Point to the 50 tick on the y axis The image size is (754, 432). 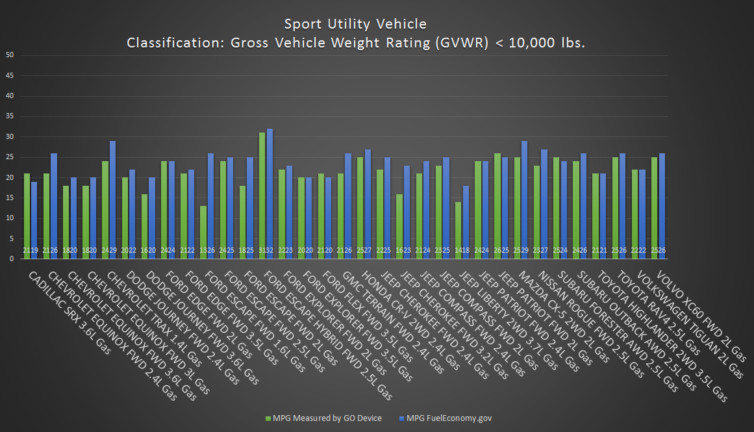(x=10, y=55)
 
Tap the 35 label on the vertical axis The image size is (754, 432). (x=10, y=116)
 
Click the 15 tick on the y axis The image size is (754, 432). (x=10, y=197)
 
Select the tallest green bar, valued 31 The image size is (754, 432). (x=262, y=195)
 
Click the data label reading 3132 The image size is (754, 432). (x=266, y=250)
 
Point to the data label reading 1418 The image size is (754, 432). (x=462, y=250)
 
